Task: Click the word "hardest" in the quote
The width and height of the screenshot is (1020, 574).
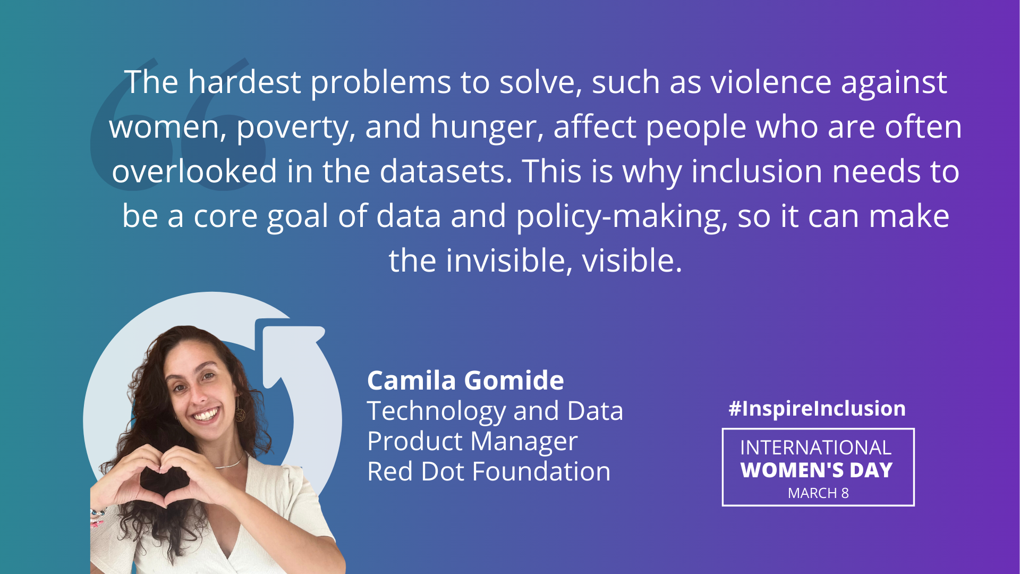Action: (244, 82)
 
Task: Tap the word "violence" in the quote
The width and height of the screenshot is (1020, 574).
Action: (771, 82)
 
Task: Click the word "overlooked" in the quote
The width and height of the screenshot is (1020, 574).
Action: (194, 172)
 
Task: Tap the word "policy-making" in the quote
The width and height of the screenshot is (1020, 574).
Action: (622, 217)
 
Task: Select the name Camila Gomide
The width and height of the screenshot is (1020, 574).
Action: (465, 381)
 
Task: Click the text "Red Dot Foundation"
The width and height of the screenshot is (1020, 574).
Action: (489, 471)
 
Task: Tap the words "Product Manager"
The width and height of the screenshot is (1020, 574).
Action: (472, 442)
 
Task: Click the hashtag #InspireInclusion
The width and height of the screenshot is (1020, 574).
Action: (817, 409)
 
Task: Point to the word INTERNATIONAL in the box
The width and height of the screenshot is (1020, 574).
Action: (815, 448)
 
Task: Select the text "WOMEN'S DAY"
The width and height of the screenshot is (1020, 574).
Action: (817, 470)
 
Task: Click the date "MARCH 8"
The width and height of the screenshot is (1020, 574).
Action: (818, 493)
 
